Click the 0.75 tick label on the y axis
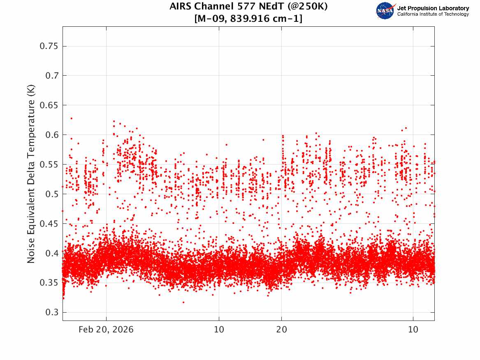[x=47, y=46]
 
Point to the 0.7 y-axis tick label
[x=49, y=76]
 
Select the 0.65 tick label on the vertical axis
[x=47, y=105]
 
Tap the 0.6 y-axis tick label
[x=49, y=135]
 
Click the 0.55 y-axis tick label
[x=47, y=165]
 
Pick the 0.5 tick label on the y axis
[x=49, y=194]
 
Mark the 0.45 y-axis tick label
[x=47, y=223]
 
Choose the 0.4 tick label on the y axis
[x=49, y=253]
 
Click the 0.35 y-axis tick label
[x=47, y=283]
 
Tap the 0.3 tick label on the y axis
[x=49, y=312]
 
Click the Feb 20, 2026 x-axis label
[x=106, y=330]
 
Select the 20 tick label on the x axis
[x=281, y=330]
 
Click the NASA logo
[x=385, y=11]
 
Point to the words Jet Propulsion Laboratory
[x=433, y=8]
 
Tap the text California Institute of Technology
[x=433, y=14]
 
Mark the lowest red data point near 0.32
[x=183, y=302]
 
